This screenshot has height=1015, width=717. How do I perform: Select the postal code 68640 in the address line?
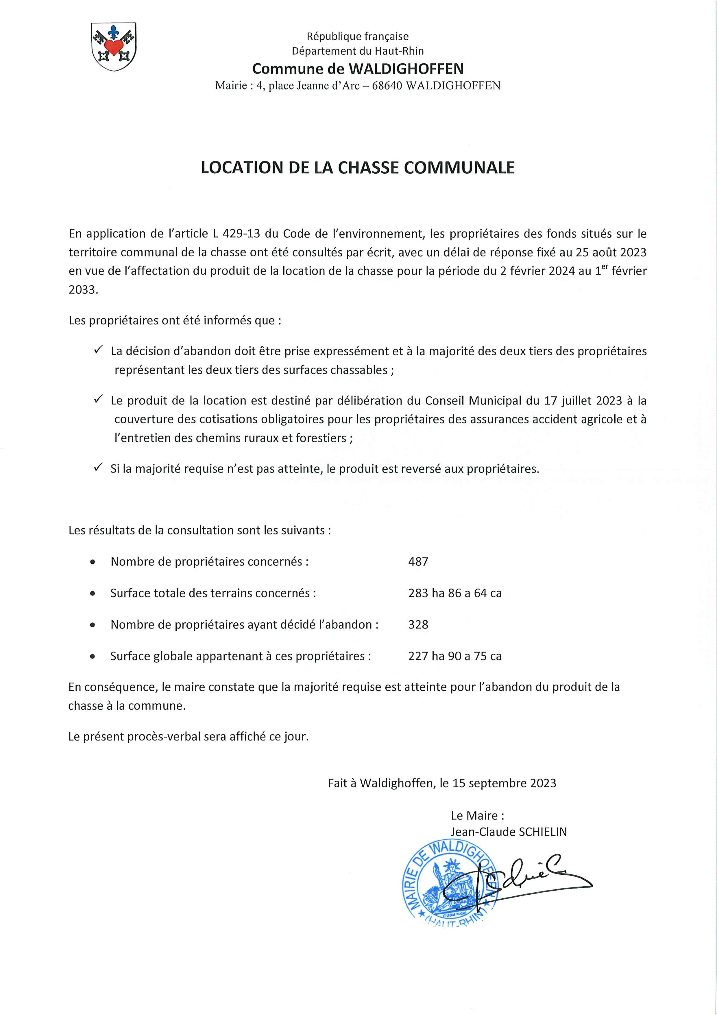387,86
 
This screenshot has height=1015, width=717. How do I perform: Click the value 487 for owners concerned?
418,561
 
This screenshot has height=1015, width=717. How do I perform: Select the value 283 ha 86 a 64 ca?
454,593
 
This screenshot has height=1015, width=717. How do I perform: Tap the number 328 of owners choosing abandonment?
418,624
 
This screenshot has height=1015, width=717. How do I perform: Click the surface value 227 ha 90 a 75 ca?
454,656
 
